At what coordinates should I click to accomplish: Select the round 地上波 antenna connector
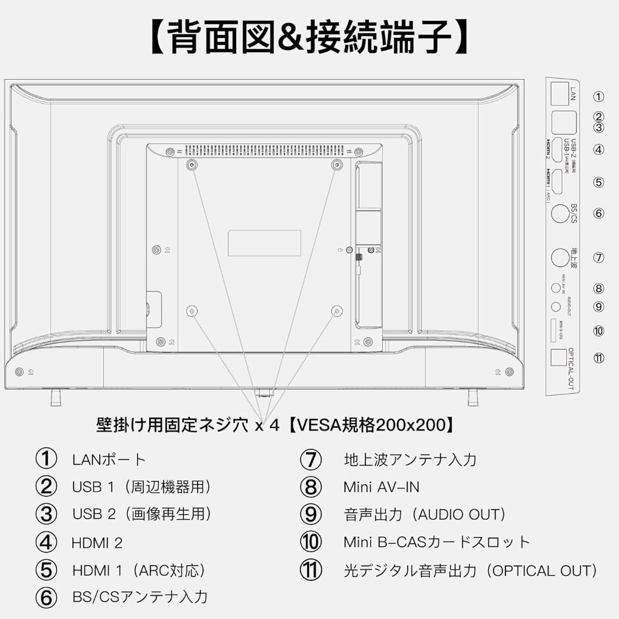pos(560,257)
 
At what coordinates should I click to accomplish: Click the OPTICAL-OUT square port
pos(558,358)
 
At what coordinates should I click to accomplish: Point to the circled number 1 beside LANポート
pos(46,459)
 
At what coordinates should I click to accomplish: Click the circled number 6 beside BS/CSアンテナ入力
pos(46,597)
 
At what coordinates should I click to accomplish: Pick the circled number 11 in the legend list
pos(311,570)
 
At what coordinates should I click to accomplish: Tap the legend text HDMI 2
pos(97,543)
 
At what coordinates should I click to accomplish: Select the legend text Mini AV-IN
pos(381,487)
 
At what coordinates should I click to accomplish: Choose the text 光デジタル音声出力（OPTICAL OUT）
pos(470,571)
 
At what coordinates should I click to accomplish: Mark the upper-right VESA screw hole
pos(338,164)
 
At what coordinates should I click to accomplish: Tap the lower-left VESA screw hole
pos(192,311)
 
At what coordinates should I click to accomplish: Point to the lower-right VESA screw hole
pos(337,311)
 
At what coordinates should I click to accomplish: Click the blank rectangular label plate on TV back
pos(264,243)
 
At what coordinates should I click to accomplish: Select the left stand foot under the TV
pos(56,397)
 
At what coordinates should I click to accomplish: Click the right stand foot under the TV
pos(473,397)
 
